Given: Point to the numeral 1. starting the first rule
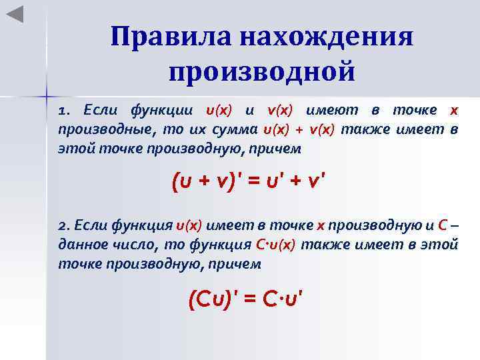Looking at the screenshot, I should pyautogui.click(x=65, y=110).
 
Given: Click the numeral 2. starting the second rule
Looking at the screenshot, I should pyautogui.click(x=64, y=227).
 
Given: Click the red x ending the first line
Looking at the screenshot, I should pyautogui.click(x=454, y=110).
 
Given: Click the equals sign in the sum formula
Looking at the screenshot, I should pyautogui.click(x=256, y=181).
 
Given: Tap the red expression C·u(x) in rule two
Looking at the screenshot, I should pyautogui.click(x=275, y=245).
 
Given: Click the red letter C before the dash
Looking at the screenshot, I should pyautogui.click(x=443, y=227).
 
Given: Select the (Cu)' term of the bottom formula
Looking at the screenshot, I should pyautogui.click(x=213, y=301).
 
